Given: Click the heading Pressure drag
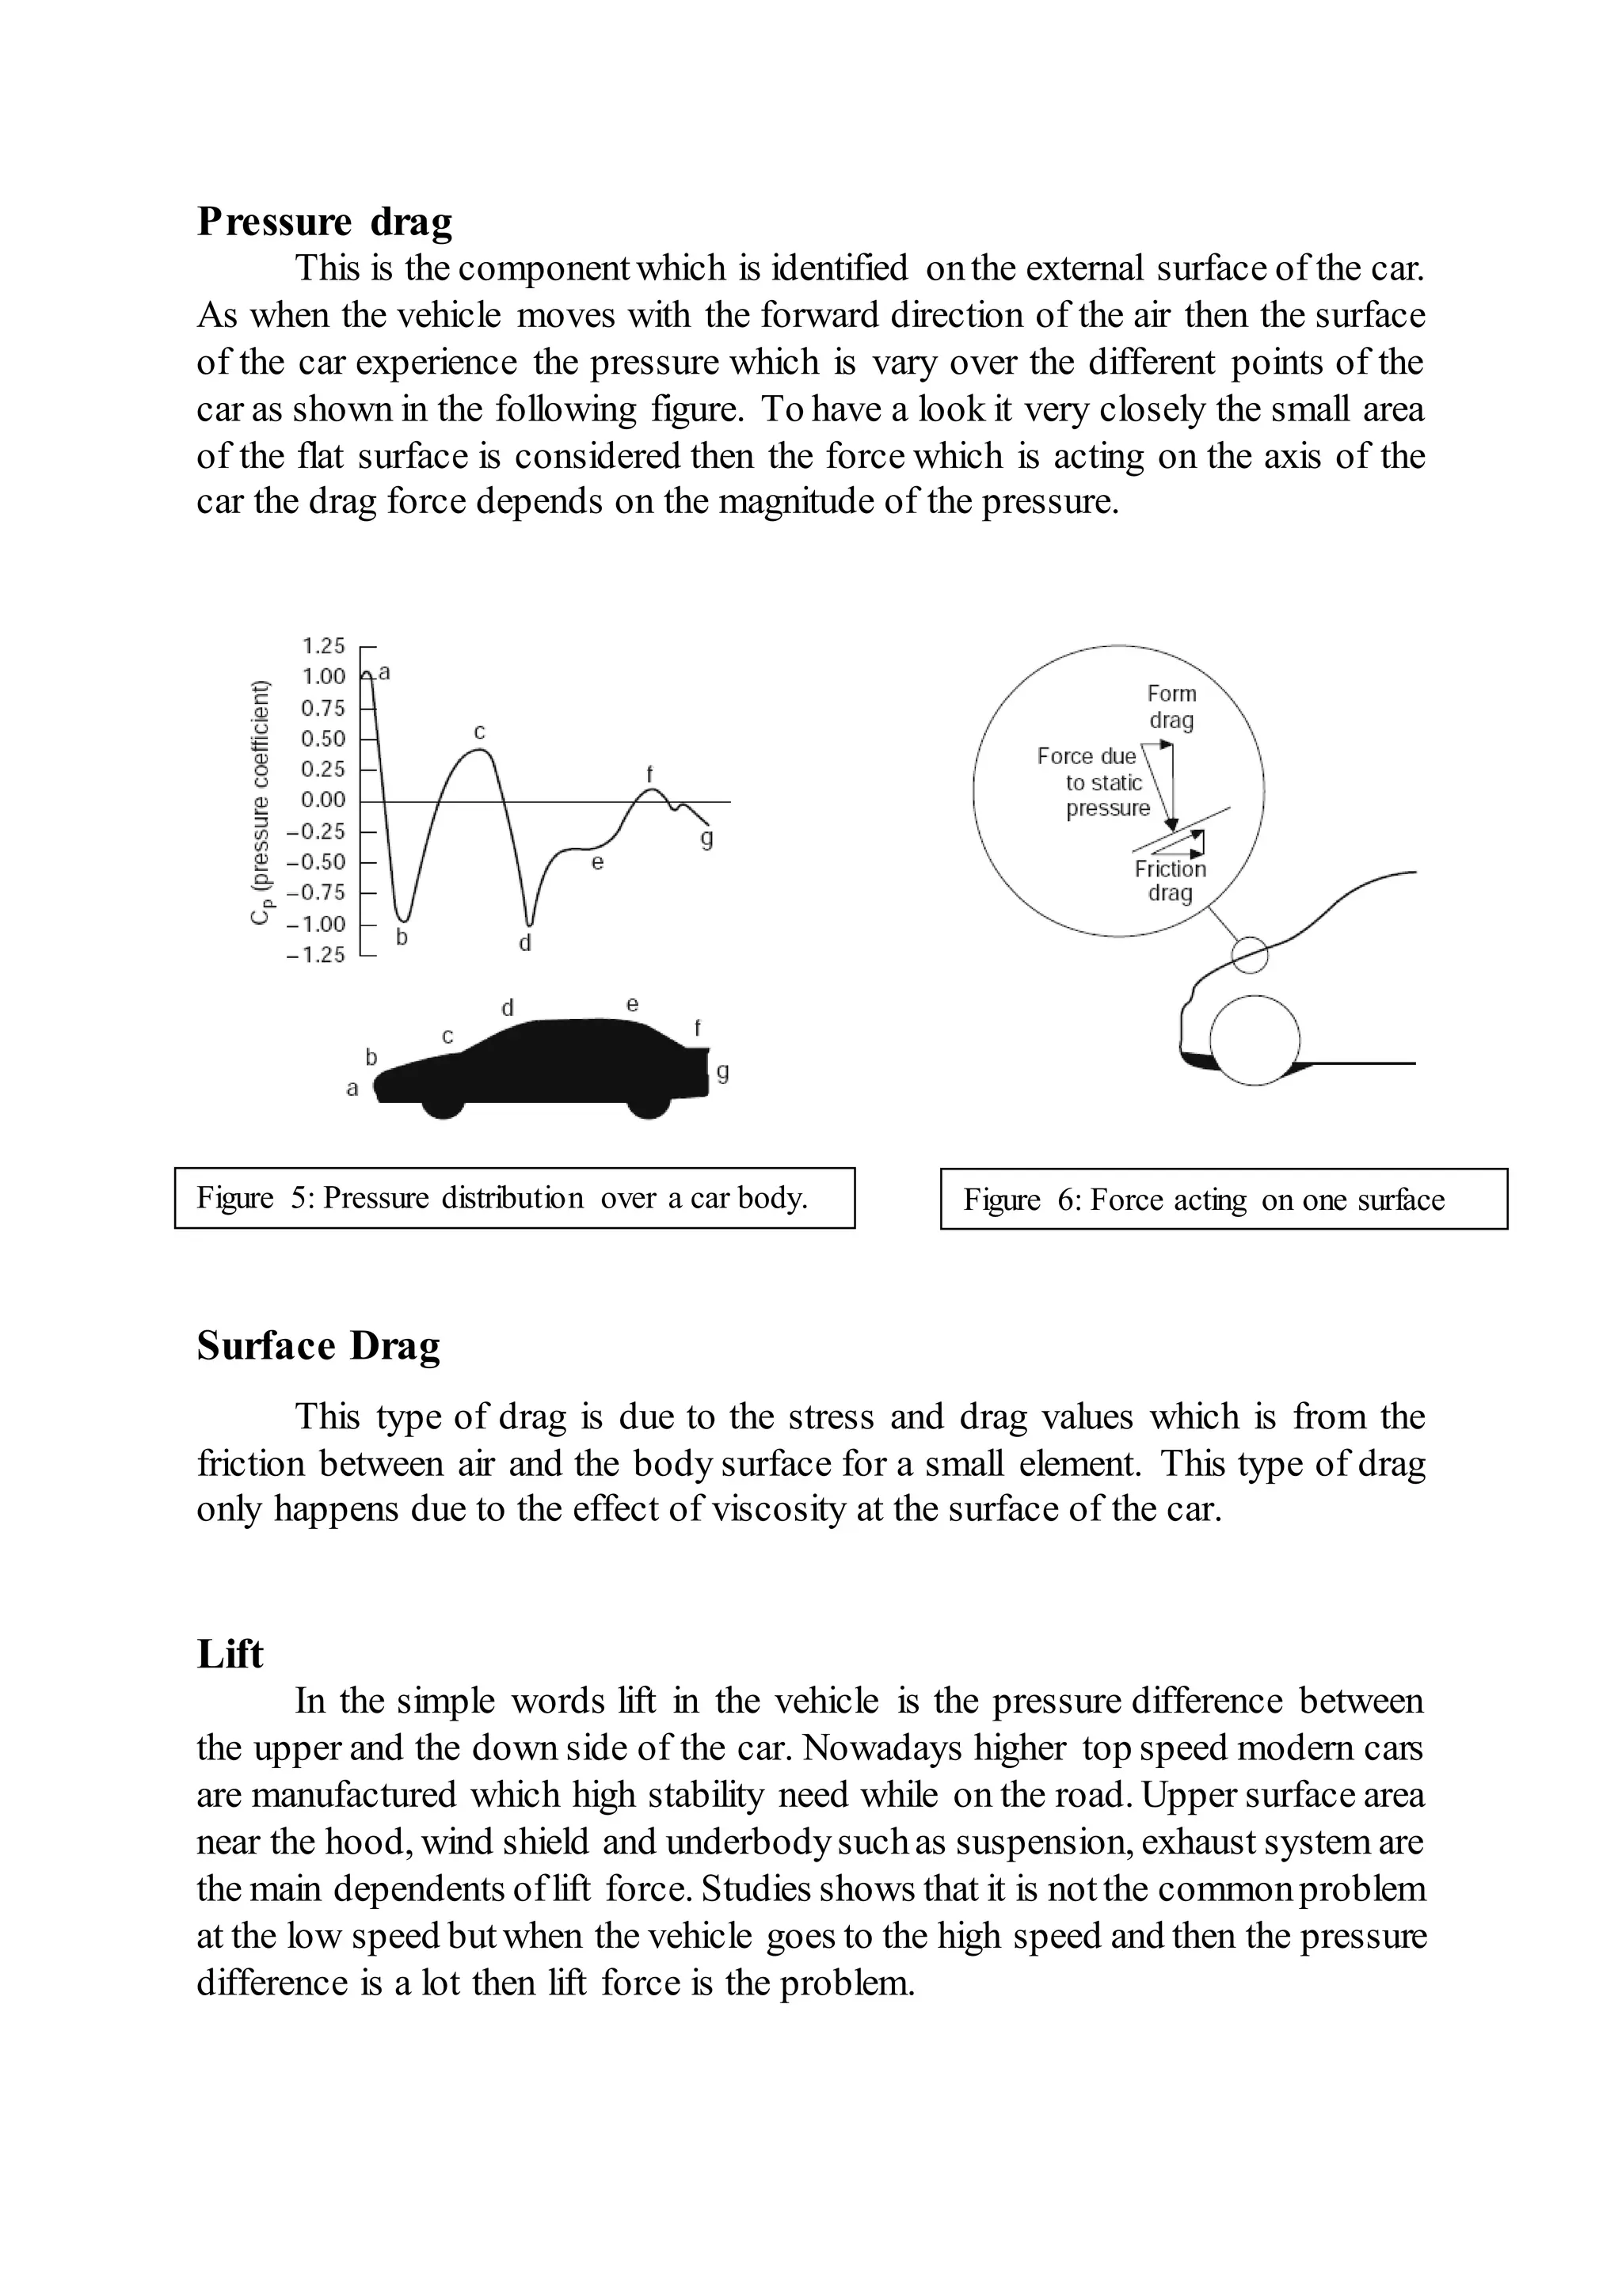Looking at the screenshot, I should (x=324, y=222).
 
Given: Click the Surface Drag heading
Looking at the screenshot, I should (x=318, y=1346).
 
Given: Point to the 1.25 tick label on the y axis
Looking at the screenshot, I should (x=322, y=645).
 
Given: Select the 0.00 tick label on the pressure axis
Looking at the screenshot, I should (x=322, y=800).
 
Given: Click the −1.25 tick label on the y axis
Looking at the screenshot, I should (x=316, y=955).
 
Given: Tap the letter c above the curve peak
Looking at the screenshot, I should (x=479, y=732).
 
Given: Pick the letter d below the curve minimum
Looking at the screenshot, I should (x=525, y=943).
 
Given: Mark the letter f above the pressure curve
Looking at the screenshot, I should (x=649, y=774).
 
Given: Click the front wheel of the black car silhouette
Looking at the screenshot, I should (x=443, y=1104).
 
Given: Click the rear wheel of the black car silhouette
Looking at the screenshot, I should (x=648, y=1104).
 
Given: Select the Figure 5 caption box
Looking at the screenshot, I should (x=514, y=1197).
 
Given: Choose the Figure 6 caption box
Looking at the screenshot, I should (x=1224, y=1199).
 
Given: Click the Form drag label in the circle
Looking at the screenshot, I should (x=1171, y=706).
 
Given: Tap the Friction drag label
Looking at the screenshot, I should (x=1170, y=880).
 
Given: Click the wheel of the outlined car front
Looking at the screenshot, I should (x=1255, y=1040).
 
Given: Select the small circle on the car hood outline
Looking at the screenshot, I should (x=1248, y=954).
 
